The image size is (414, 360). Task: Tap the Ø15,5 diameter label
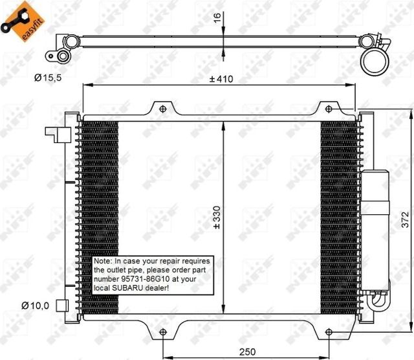49,78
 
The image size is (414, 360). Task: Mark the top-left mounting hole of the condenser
162,108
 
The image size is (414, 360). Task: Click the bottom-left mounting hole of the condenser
162,333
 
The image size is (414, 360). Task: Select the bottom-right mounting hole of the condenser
328,333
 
